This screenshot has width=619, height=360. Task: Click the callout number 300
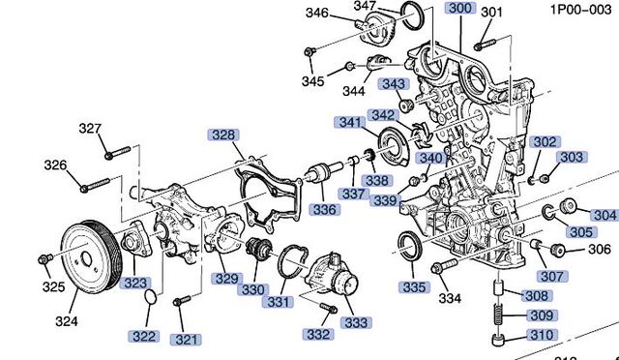click(459, 9)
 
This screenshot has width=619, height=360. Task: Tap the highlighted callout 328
click(224, 135)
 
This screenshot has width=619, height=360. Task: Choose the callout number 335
click(413, 286)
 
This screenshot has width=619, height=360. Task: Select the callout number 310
click(540, 336)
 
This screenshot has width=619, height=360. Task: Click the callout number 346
click(318, 13)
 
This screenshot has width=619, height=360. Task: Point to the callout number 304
click(604, 215)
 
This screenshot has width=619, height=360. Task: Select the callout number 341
click(349, 123)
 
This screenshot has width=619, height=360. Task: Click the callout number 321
click(186, 340)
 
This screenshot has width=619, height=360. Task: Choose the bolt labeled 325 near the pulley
click(44, 259)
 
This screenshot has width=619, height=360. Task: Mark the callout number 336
click(324, 209)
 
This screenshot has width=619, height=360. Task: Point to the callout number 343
click(393, 84)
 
